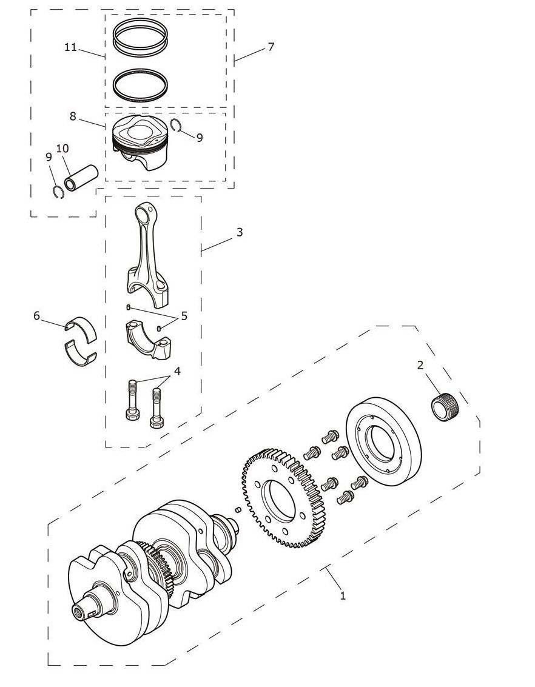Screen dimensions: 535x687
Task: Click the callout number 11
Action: (x=70, y=47)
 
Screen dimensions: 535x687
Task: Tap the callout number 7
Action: (x=271, y=47)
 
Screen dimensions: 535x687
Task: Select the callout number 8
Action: (x=73, y=116)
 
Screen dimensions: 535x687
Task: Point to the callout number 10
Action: (x=62, y=149)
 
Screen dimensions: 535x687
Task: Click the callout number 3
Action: (x=239, y=232)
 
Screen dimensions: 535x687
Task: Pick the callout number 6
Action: (x=37, y=315)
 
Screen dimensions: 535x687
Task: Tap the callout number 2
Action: (x=420, y=365)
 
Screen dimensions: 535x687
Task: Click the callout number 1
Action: (x=343, y=596)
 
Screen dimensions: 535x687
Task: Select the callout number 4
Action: (x=177, y=371)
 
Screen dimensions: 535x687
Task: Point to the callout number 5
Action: (x=184, y=315)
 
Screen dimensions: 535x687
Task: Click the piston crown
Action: (x=138, y=129)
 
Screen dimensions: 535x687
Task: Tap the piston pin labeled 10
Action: (x=81, y=178)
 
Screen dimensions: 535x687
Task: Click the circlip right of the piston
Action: (x=177, y=125)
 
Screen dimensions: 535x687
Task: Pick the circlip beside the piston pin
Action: (x=58, y=192)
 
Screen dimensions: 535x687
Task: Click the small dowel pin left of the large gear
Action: (x=238, y=509)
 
